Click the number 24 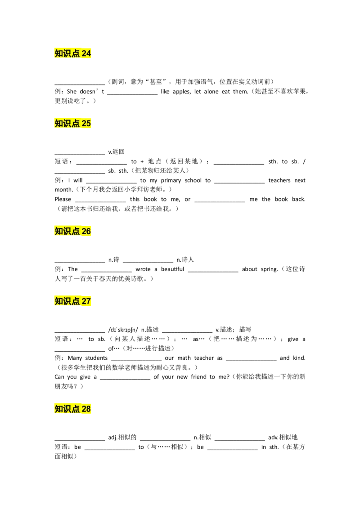click(86, 54)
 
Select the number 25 click(86, 123)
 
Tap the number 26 click(86, 231)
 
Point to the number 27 click(86, 301)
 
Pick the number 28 click(86, 409)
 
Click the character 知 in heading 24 click(59, 54)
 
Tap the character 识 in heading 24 click(67, 54)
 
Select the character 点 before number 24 click(76, 54)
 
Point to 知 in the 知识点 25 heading click(59, 123)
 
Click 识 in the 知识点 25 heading click(67, 123)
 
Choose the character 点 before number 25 click(76, 123)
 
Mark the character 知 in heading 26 click(59, 231)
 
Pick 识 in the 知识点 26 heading click(67, 231)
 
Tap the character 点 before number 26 click(76, 231)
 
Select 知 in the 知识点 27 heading click(59, 301)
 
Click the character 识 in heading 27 click(67, 301)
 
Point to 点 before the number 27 click(76, 301)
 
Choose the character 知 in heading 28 click(59, 409)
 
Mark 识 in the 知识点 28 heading click(67, 409)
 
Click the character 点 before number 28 click(76, 409)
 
